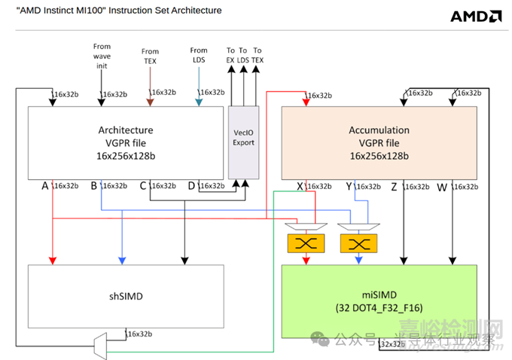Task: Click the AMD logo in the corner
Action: [476, 16]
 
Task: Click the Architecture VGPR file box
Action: [126, 142]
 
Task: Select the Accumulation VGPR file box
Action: [379, 142]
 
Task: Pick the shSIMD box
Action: [126, 296]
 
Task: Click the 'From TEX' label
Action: [151, 56]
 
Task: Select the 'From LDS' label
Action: [199, 55]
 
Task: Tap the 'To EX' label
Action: [231, 55]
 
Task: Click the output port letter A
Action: [45, 185]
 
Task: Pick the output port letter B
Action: [93, 185]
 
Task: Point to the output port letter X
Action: [299, 185]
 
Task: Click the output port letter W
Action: [441, 185]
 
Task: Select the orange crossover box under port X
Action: [306, 243]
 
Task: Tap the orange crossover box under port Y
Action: [358, 243]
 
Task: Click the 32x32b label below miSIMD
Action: [393, 344]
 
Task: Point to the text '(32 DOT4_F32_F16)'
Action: [378, 308]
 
